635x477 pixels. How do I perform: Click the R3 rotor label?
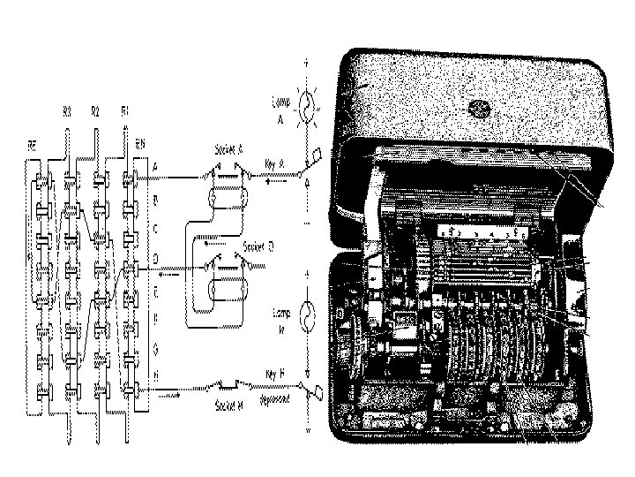(67, 111)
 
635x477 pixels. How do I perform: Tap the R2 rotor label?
(95, 111)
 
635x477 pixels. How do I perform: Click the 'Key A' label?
(273, 162)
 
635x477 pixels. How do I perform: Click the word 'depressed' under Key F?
(279, 399)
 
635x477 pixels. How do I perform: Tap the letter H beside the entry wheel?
(155, 374)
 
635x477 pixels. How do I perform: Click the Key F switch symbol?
(310, 386)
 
